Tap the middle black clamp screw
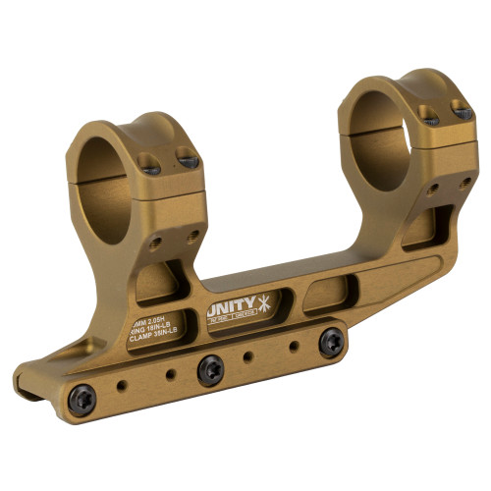point(209,370)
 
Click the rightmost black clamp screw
point(332,340)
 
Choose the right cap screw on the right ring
point(459,111)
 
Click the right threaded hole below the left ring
point(192,234)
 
